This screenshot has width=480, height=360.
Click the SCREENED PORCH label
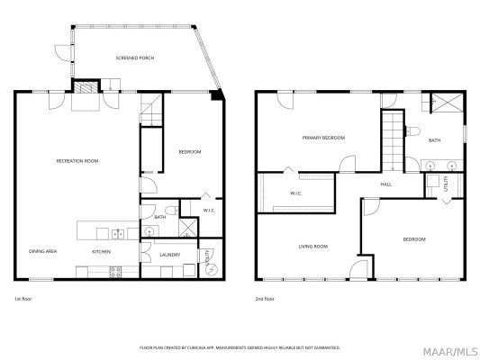[135, 58]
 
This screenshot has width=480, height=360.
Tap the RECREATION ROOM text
[77, 160]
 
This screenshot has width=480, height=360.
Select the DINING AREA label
[43, 251]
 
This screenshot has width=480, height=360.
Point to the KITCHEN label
[101, 251]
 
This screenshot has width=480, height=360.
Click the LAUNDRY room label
[169, 255]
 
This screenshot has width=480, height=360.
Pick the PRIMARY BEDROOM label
[323, 138]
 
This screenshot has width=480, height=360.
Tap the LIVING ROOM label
[313, 246]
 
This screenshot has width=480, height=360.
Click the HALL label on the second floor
[385, 184]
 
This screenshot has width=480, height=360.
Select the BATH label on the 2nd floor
[434, 140]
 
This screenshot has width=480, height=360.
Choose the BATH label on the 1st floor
[159, 217]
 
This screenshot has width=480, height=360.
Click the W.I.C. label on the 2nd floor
[295, 193]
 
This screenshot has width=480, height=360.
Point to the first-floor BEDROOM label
[189, 151]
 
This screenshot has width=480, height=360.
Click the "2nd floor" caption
[265, 298]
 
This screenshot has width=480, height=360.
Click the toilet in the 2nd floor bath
[415, 131]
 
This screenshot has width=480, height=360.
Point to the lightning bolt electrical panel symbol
[211, 267]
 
